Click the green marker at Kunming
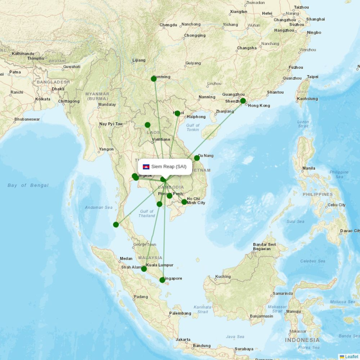tap(153, 79)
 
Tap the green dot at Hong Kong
tap(243, 101)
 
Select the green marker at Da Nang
tap(197, 158)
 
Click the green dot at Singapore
tap(162, 280)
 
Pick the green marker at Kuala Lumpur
tap(144, 269)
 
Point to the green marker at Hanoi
tap(177, 113)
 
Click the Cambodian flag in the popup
tap(146, 166)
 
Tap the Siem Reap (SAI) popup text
tap(169, 166)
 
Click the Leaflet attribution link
tap(351, 356)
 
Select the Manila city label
tap(309, 168)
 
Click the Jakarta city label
tap(183, 339)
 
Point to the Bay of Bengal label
tap(28, 185)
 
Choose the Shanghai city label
tap(315, 19)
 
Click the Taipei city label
tap(312, 77)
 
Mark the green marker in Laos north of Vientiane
tap(148, 125)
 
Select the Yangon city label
tap(106, 149)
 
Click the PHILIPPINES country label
tap(318, 194)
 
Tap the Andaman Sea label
tap(99, 207)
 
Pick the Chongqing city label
tap(195, 36)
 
